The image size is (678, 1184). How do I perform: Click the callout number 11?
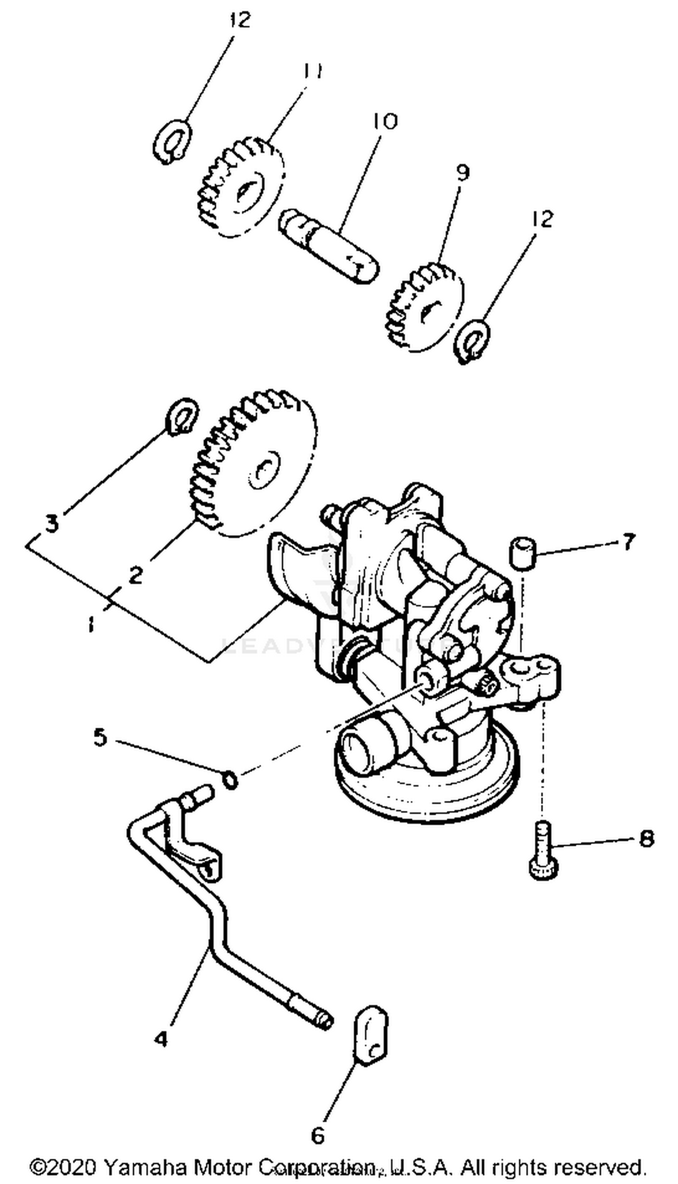312,72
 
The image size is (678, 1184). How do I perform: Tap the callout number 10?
385,121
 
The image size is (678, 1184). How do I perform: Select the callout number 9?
462,173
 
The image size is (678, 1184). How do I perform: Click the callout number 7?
628,542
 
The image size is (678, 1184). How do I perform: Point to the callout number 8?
646,838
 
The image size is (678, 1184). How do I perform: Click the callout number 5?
101,737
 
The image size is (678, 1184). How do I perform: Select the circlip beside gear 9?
472,341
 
